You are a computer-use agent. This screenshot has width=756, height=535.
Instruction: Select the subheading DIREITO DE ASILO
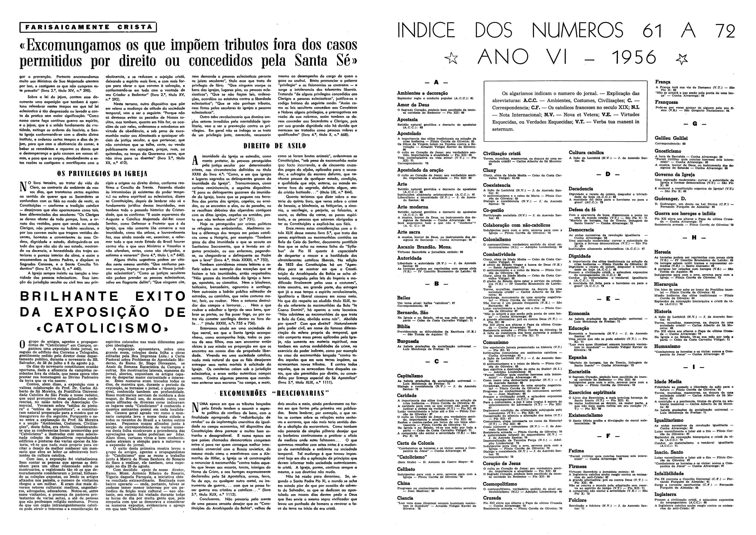point(275,146)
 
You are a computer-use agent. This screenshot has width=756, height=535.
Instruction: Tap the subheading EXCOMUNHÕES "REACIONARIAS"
point(275,393)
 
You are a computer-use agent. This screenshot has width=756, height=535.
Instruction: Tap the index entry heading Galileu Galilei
point(671,138)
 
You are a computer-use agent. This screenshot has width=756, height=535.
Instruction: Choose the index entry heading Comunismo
point(496,342)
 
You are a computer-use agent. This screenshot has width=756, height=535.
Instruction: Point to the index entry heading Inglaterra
point(665,494)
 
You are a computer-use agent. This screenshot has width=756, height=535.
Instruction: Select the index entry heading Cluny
point(490,170)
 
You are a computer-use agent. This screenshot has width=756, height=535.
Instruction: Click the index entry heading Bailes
point(404,297)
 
